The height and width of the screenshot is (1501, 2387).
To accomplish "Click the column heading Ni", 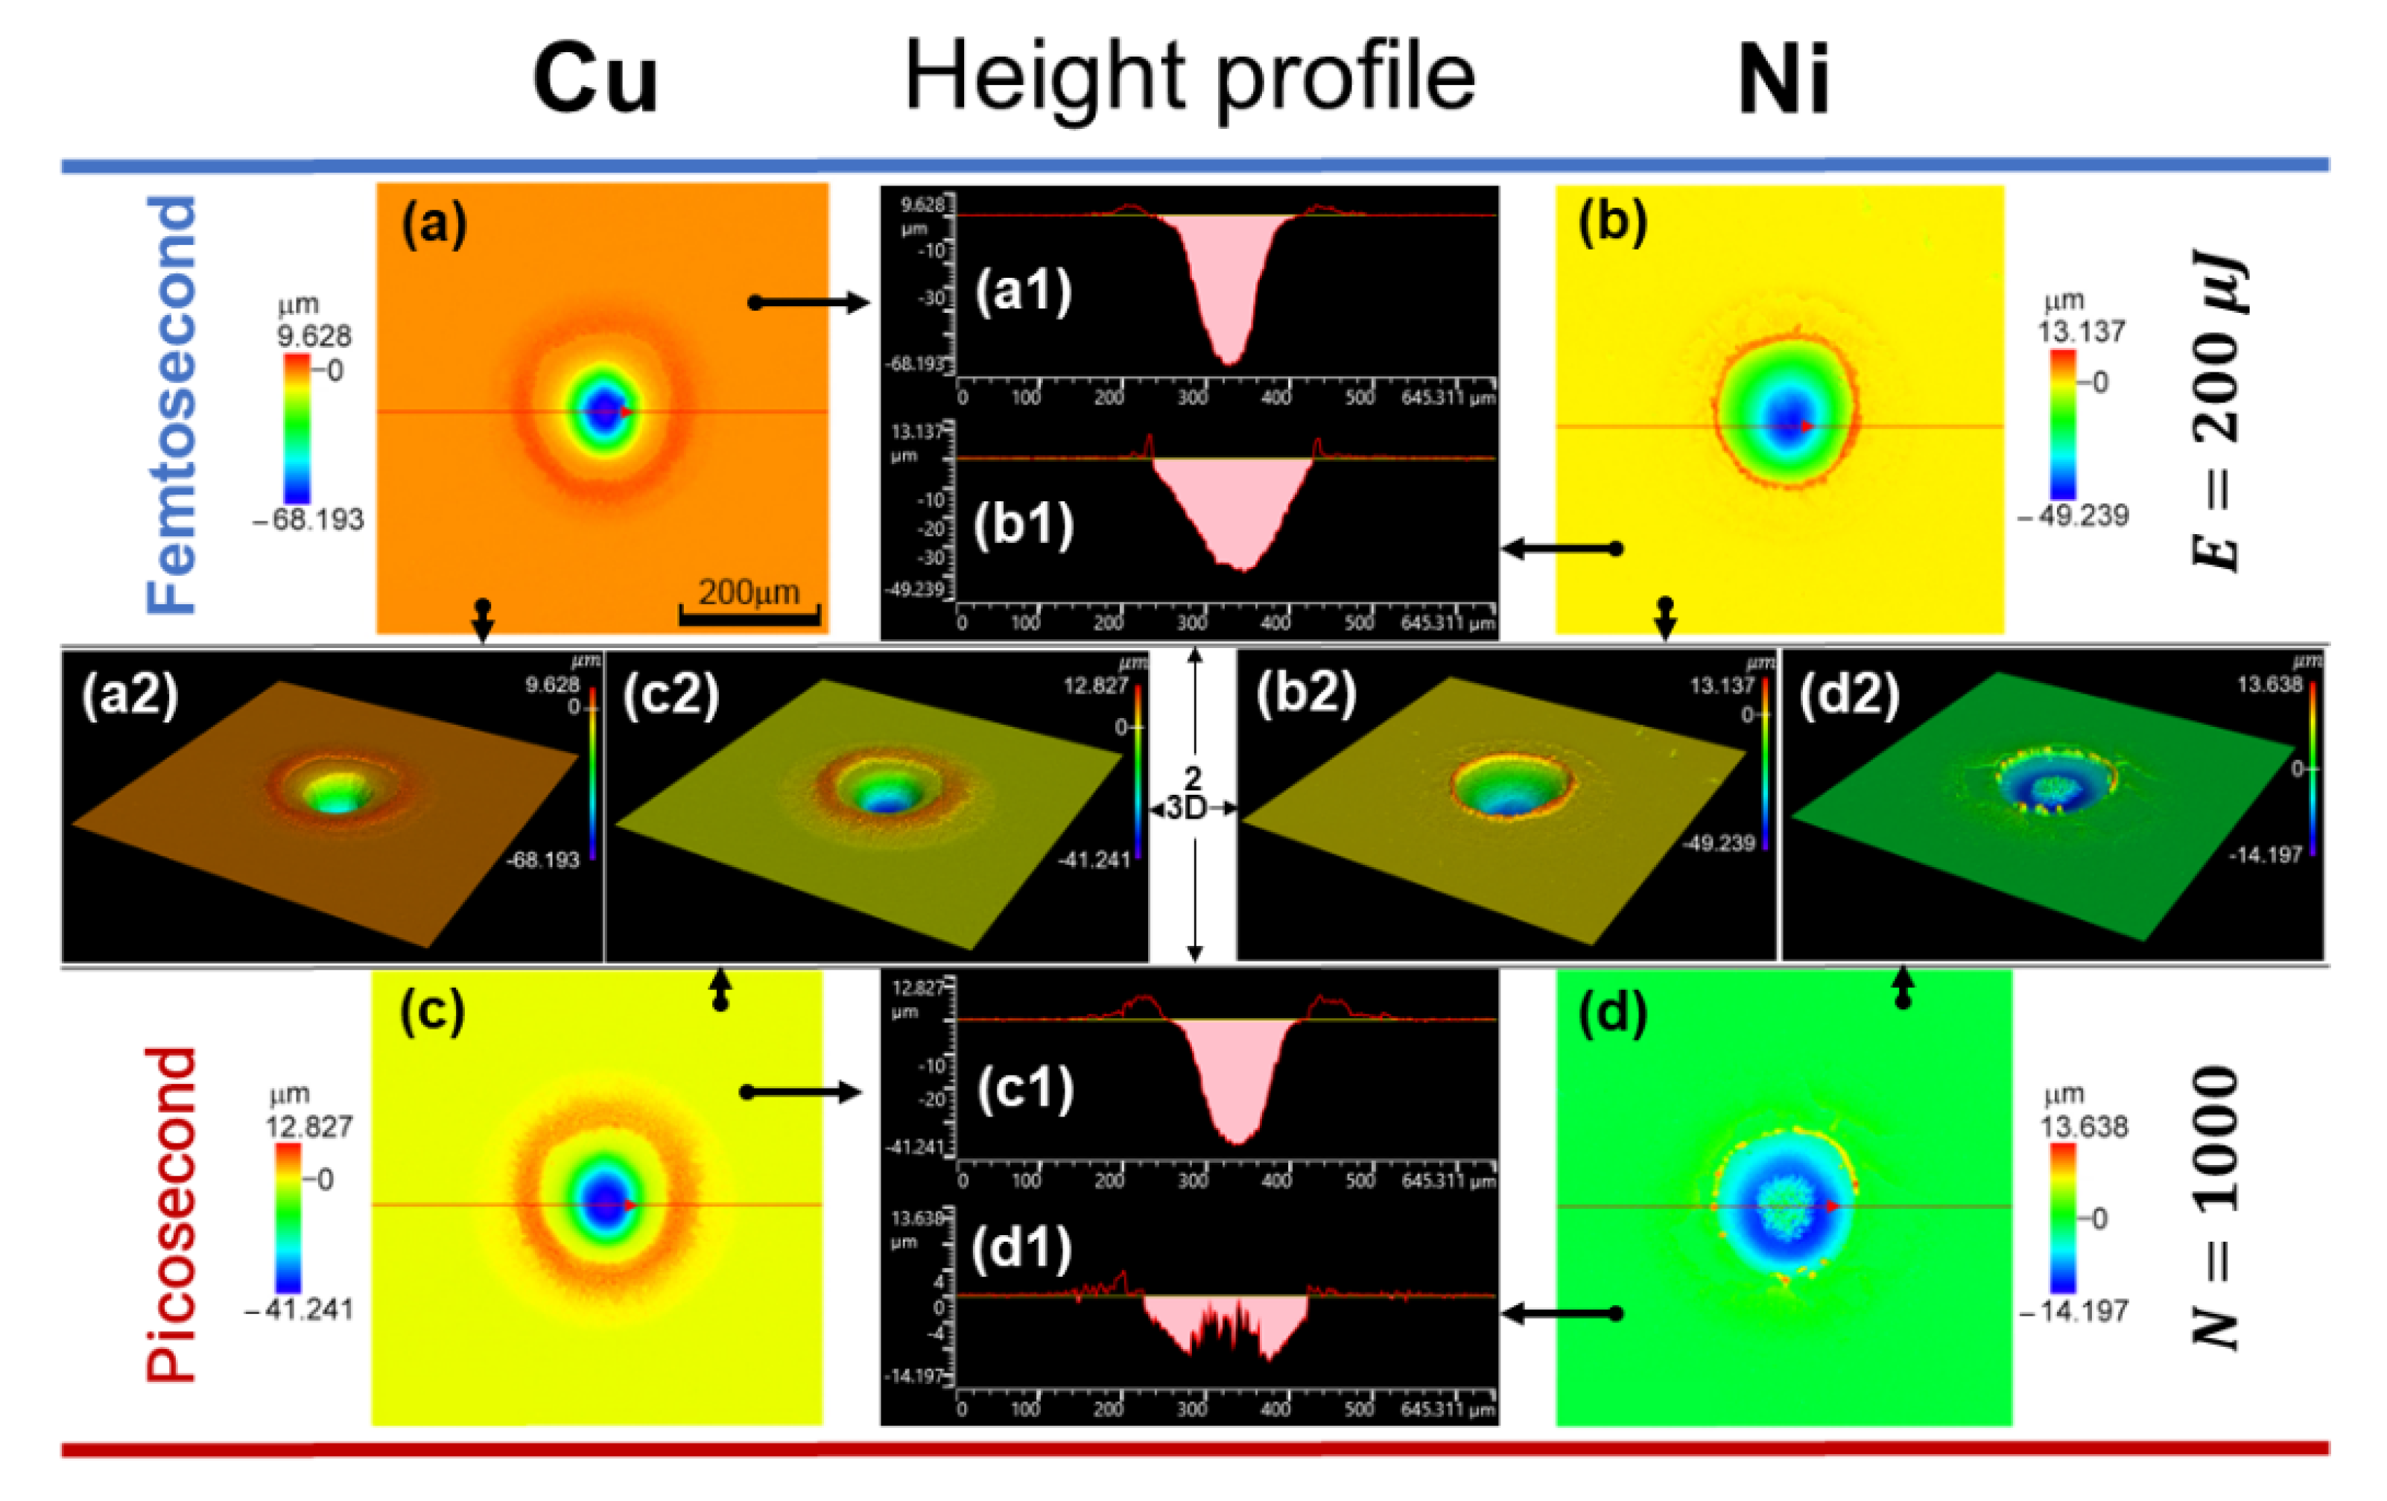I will coord(1784,79).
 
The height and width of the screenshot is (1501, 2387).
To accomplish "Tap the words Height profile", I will coord(1190,77).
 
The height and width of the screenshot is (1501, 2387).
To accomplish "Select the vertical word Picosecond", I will coord(171,1213).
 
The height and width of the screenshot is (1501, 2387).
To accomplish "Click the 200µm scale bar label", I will coord(749,593).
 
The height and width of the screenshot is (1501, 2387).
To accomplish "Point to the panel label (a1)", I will coord(1023,291).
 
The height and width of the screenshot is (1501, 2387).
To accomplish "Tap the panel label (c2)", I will coord(671,694).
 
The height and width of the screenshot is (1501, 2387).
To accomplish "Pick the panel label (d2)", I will coord(1850,694).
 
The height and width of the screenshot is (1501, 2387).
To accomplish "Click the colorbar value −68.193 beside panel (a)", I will coord(309,519).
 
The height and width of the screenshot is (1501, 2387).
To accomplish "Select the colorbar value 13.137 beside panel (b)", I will coord(2082,331).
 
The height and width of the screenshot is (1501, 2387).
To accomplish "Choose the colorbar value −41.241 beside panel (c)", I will coord(299,1310).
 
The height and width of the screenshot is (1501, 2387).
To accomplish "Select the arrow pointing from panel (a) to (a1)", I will coord(808,302).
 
